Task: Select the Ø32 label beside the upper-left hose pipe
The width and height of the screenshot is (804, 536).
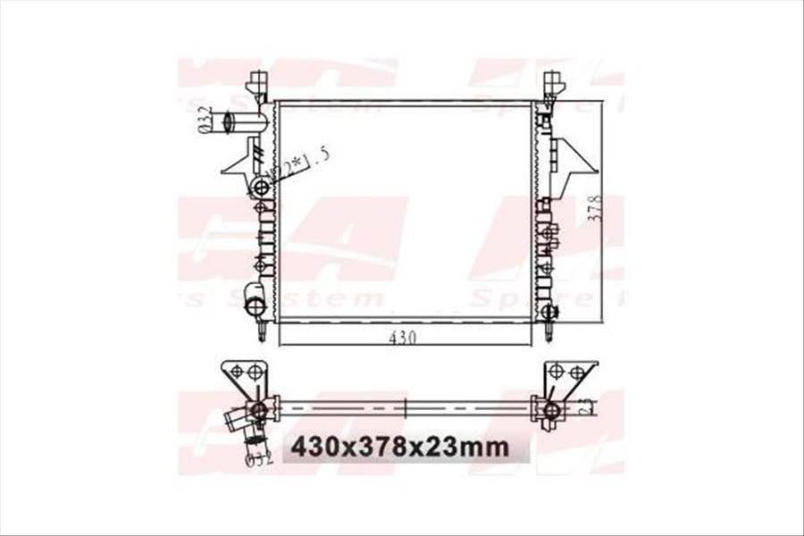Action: point(205,120)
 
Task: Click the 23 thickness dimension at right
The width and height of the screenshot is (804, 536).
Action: point(586,406)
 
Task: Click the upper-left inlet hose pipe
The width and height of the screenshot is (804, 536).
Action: point(245,122)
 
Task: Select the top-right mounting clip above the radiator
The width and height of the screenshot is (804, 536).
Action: point(553,85)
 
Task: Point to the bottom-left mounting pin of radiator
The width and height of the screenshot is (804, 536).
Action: point(262,331)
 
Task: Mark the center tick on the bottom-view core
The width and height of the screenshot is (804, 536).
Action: point(406,407)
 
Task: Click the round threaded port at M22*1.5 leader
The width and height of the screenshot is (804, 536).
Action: point(261,188)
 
